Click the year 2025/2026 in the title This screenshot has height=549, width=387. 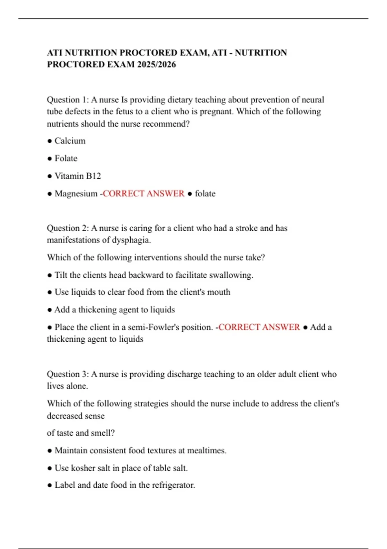click(x=156, y=64)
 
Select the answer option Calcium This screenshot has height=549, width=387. click(x=70, y=141)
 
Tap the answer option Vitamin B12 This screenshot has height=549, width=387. click(x=78, y=176)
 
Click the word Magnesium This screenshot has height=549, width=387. click(x=76, y=193)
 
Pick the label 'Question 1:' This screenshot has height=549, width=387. click(x=68, y=99)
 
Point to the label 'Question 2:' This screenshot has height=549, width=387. click(x=68, y=228)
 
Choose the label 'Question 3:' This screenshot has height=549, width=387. click(x=68, y=374)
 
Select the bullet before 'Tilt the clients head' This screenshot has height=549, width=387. click(x=49, y=275)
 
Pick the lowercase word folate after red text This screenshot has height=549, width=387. click(x=205, y=193)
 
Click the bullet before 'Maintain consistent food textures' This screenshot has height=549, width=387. click(x=49, y=451)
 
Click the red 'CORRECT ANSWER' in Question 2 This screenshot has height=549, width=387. click(x=259, y=327)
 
